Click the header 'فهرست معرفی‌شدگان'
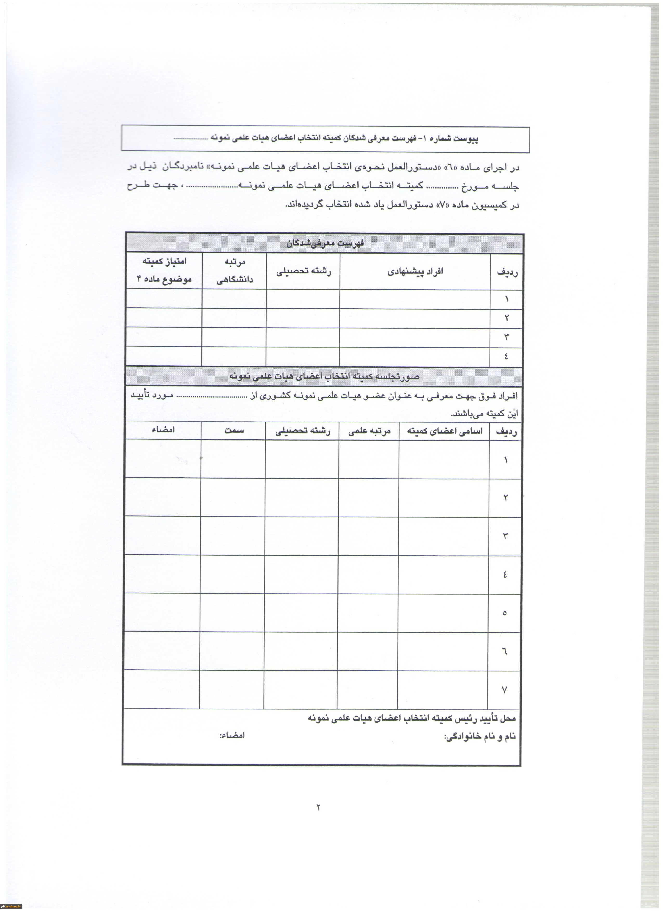pyautogui.click(x=325, y=243)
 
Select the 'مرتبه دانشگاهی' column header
pyautogui.click(x=234, y=271)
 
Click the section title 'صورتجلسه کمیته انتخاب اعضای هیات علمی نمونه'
pyautogui.click(x=324, y=376)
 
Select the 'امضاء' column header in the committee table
pyautogui.click(x=163, y=430)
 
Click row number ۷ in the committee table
pyautogui.click(x=504, y=690)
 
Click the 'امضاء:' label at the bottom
pyautogui.click(x=232, y=735)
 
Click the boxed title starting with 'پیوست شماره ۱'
pyautogui.click(x=325, y=139)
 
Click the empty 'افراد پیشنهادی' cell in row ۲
pyautogui.click(x=415, y=318)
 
